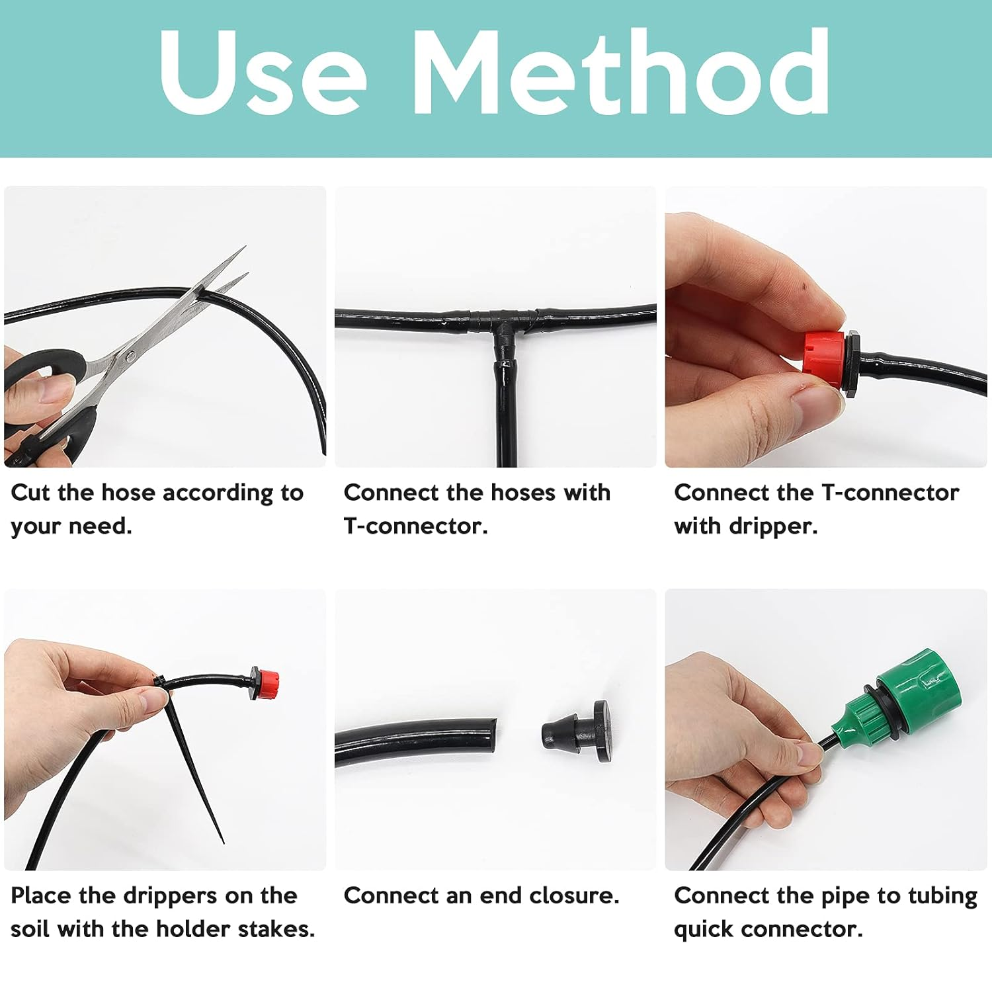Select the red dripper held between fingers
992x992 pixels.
pos(822,361)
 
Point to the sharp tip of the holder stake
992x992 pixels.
pos(222,841)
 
